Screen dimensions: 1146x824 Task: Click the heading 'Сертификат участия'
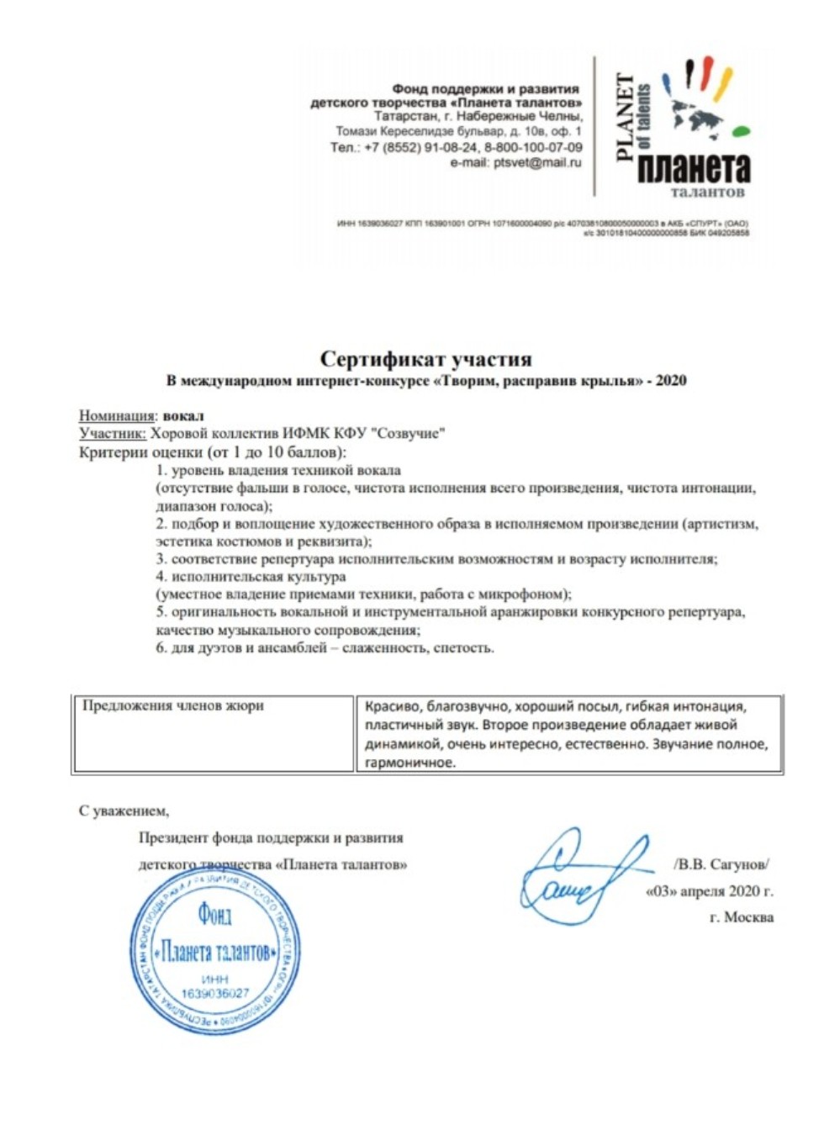(425, 360)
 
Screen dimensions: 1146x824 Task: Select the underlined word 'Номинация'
(117, 415)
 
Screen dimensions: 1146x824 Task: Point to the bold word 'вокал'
(183, 415)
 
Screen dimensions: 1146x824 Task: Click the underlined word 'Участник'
(112, 433)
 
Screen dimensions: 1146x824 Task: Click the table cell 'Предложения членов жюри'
(173, 706)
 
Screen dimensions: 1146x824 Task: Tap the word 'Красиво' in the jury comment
(393, 706)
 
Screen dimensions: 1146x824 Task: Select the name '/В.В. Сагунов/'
(721, 864)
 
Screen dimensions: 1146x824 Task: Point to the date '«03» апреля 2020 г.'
(709, 891)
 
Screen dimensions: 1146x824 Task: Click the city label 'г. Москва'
(741, 917)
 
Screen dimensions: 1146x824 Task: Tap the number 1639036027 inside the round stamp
(215, 993)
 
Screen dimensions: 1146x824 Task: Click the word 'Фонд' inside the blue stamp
(214, 914)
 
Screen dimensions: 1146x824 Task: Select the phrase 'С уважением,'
(124, 811)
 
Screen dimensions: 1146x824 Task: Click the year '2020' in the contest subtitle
(671, 381)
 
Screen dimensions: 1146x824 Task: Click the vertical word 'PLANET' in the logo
(626, 117)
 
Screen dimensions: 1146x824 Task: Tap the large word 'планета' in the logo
(694, 168)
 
